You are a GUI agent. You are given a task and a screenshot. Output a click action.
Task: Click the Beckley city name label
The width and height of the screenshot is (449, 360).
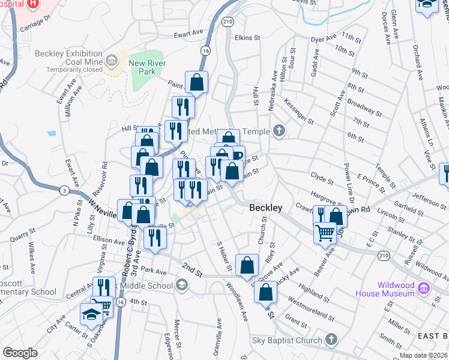(266, 208)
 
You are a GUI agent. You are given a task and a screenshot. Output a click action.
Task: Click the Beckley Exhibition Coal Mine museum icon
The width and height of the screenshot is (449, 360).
(112, 61)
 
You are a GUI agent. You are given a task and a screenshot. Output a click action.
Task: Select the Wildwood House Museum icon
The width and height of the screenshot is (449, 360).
(423, 289)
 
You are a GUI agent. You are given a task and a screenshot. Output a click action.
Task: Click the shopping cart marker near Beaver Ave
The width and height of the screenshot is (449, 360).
(325, 231)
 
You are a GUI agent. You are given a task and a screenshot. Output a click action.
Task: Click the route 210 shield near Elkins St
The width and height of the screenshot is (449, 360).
(227, 21)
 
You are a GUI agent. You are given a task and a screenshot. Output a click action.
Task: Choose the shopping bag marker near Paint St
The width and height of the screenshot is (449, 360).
(196, 82)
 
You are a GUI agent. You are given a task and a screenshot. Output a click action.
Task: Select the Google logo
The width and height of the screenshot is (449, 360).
(20, 353)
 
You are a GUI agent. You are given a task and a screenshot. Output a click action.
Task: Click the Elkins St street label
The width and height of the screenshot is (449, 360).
(247, 37)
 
